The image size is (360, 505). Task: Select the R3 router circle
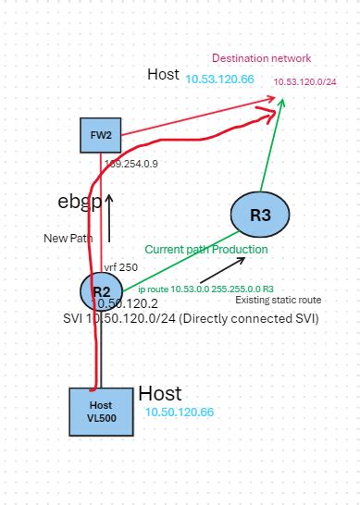click(x=260, y=216)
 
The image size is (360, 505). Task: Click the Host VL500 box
click(x=100, y=412)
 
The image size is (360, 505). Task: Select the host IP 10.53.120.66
click(x=220, y=80)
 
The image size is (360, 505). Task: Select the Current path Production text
click(x=205, y=250)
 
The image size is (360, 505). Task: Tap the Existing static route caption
click(x=277, y=301)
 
